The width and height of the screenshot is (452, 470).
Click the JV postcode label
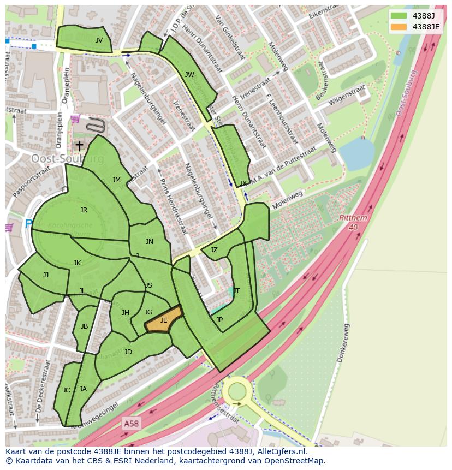pyautogui.click(x=99, y=40)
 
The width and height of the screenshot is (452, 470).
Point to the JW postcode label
pyautogui.click(x=189, y=75)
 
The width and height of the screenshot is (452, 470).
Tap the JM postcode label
pyautogui.click(x=116, y=180)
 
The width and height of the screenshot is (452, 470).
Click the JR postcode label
pyautogui.click(x=84, y=210)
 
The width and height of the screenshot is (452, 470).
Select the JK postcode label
pyautogui.click(x=77, y=263)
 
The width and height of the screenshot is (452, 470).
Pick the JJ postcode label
pyautogui.click(x=46, y=275)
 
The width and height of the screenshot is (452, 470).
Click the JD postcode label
pyautogui.click(x=128, y=352)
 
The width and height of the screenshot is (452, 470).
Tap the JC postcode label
pyautogui.click(x=66, y=390)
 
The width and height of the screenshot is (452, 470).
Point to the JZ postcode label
pyautogui.click(x=214, y=250)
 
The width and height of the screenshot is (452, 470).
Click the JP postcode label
pyautogui.click(x=219, y=320)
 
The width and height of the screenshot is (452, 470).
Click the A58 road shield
pyautogui.click(x=130, y=423)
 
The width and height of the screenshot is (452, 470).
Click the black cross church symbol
pyautogui.click(x=79, y=146)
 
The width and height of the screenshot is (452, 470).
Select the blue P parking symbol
pyautogui.click(x=28, y=224)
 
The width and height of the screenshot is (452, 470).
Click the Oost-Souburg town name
pyautogui.click(x=67, y=159)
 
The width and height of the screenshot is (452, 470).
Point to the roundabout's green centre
pyautogui.click(x=237, y=391)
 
